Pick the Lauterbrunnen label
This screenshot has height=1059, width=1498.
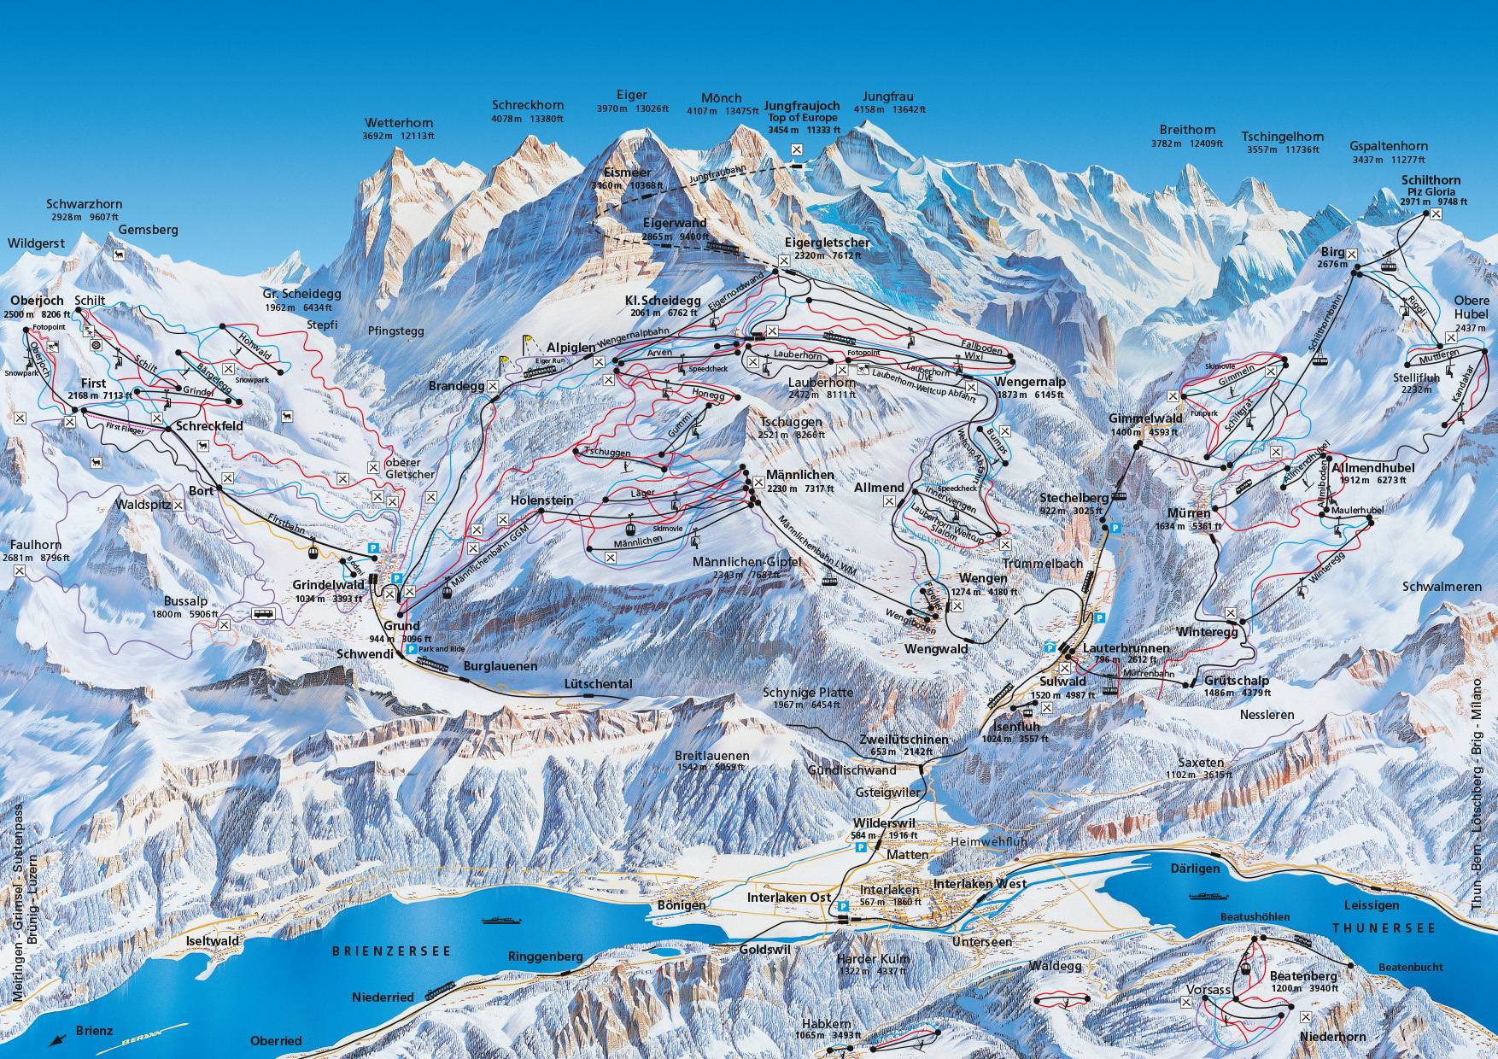coord(1125,648)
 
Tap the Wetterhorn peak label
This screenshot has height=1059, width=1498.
coord(399,122)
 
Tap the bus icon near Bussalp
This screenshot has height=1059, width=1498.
coord(264,613)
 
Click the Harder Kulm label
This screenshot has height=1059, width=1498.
coord(864,959)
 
